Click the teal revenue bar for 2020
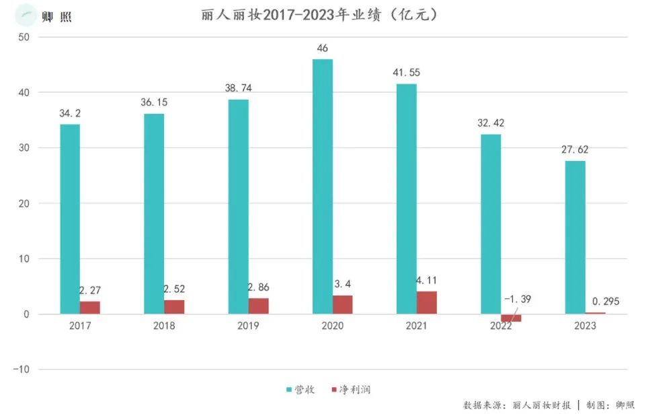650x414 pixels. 323,186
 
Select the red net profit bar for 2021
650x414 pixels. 426,302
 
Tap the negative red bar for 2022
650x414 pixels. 511,318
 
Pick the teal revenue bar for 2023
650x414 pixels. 575,237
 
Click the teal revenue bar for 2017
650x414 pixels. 70,219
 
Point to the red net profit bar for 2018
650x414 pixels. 174,307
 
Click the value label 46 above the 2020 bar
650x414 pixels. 323,48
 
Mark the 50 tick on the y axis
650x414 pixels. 24,37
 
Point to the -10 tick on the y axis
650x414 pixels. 22,370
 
